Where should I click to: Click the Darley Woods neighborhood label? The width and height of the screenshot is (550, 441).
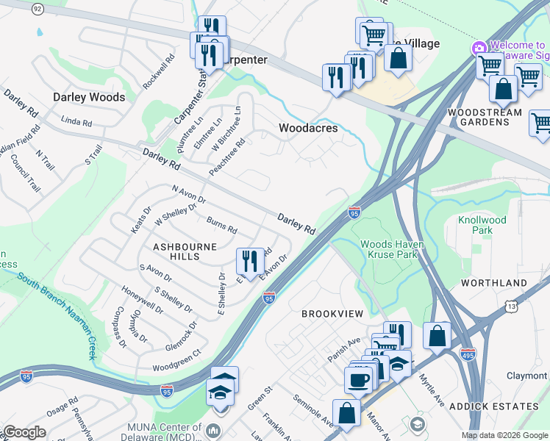pos(88,97)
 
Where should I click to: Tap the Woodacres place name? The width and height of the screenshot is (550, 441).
pos(308,128)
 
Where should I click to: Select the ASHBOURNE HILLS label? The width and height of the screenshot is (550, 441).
pos(176,251)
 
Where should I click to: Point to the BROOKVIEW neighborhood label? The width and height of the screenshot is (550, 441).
pos(332,314)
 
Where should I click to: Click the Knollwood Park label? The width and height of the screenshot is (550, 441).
pos(482,225)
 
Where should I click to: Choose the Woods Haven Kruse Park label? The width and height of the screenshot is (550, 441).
pos(389,249)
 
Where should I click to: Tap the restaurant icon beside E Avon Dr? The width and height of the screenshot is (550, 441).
pos(250,259)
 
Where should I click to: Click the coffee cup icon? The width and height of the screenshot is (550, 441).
pos(359,380)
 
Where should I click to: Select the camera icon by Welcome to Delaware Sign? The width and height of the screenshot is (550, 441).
pos(479,49)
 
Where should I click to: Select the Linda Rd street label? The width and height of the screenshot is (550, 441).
pos(76,121)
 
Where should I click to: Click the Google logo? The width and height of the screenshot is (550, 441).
pos(24,432)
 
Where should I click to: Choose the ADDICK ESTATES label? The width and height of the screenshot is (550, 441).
pos(504,406)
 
